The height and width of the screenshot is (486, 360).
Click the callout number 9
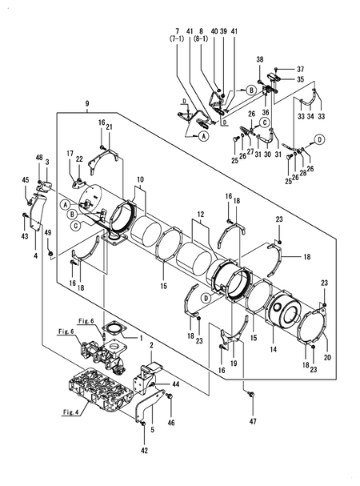tap(86, 104)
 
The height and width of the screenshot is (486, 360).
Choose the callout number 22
tap(79, 159)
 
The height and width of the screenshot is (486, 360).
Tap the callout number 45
tap(25, 179)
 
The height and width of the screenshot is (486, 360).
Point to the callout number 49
tap(48, 232)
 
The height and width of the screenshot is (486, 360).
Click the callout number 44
tap(176, 384)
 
